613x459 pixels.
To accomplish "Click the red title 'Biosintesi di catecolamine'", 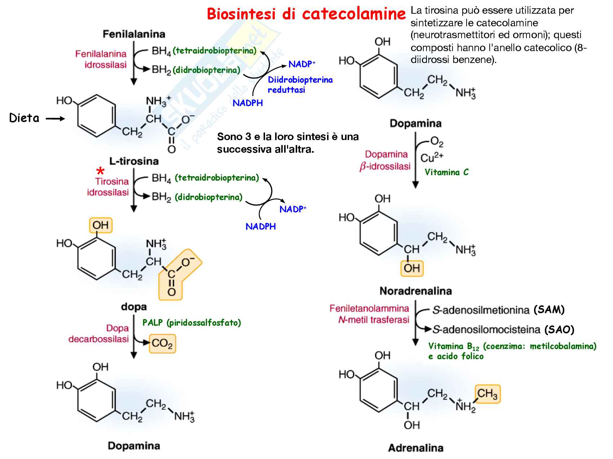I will [x=306, y=14].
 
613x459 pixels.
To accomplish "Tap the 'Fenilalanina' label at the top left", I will [x=134, y=34].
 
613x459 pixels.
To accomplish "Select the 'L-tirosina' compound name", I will [x=134, y=161].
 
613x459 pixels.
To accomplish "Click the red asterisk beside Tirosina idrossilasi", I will [x=101, y=171].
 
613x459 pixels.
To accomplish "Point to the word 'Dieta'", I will [x=24, y=118].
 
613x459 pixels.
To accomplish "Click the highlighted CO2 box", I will [x=162, y=343].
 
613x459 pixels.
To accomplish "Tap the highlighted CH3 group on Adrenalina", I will [x=487, y=393].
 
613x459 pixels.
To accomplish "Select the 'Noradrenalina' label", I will [x=415, y=291].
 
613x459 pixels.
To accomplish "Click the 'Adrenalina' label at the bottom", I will [x=415, y=448].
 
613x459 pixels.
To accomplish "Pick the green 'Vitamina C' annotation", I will [x=446, y=172].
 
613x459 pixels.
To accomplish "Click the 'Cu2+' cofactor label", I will [x=432, y=158].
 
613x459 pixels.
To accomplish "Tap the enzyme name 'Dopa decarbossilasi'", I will [x=99, y=334].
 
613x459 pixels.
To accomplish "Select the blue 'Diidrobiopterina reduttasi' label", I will [x=300, y=85].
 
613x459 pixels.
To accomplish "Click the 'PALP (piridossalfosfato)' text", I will [x=191, y=323].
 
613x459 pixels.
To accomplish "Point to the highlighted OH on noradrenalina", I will [x=412, y=268].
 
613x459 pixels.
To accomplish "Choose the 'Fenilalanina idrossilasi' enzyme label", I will [x=101, y=59].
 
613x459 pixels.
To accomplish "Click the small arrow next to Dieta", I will [x=55, y=118].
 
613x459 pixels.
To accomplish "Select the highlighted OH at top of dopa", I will [x=101, y=225].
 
